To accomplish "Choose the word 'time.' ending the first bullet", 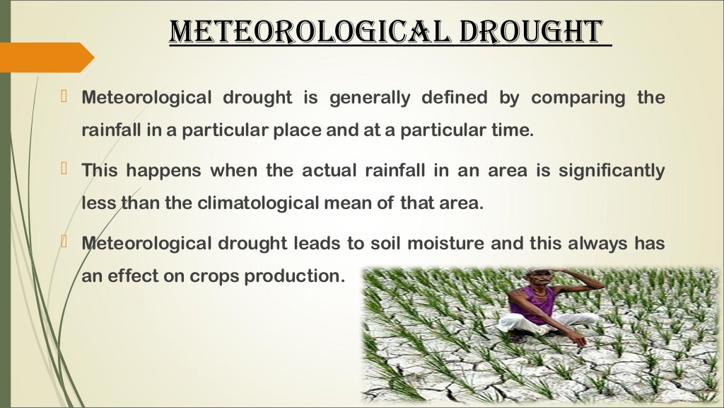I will click(x=513, y=131).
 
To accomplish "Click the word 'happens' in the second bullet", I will click(x=156, y=171).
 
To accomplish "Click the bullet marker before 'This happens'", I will click(x=64, y=169).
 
